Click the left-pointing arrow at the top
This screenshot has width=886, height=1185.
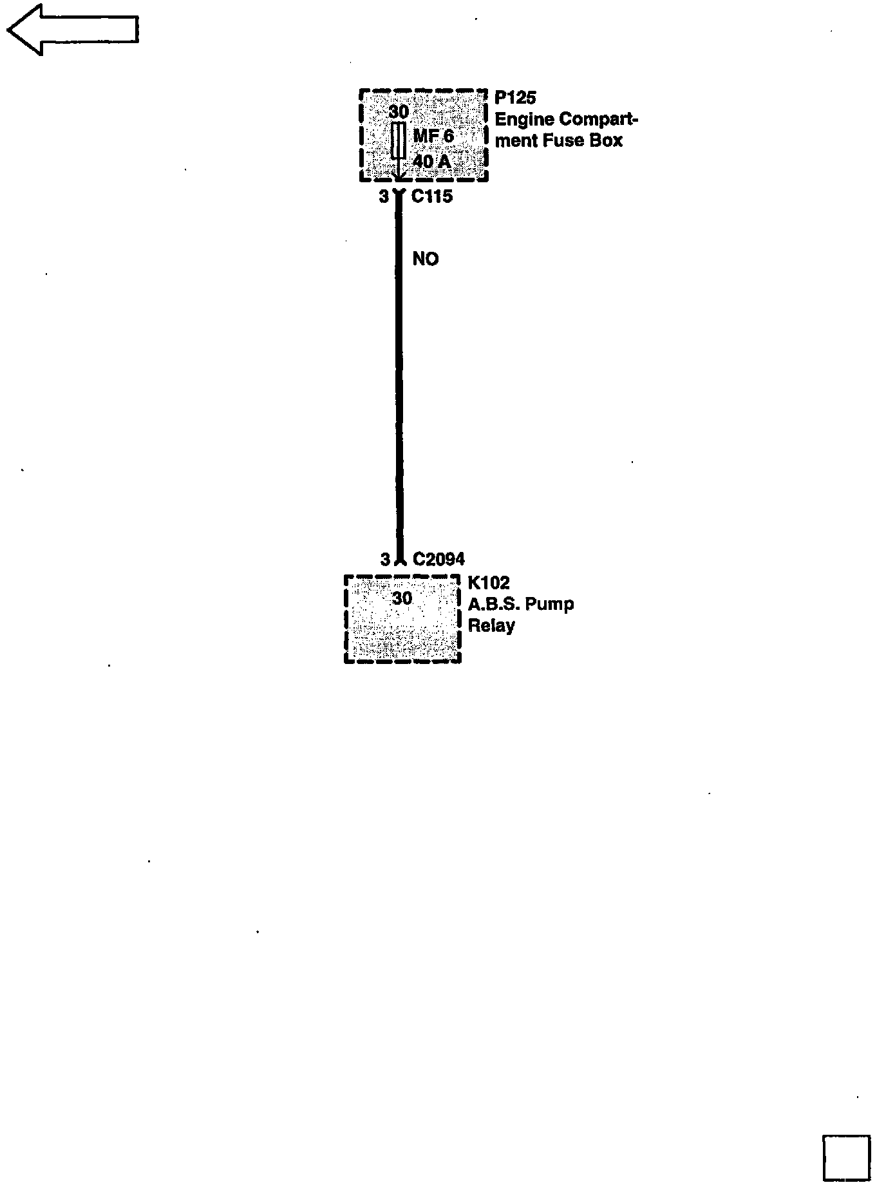(x=72, y=30)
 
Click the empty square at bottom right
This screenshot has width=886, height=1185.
(x=846, y=1157)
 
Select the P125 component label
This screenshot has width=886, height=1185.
(x=515, y=98)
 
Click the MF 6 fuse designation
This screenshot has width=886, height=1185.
(x=433, y=136)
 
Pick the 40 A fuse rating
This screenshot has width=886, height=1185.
(x=431, y=161)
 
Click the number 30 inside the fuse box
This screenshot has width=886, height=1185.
(x=399, y=111)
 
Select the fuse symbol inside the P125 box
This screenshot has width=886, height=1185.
(x=399, y=142)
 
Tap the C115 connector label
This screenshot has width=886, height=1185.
(x=432, y=196)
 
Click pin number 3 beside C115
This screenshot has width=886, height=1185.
(x=384, y=196)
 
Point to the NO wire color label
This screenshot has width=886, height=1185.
(x=425, y=259)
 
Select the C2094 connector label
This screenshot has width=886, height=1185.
(x=438, y=559)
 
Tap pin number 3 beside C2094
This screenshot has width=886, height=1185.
(x=385, y=559)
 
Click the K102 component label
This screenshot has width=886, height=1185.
(x=489, y=583)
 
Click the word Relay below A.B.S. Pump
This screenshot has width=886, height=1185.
(x=491, y=625)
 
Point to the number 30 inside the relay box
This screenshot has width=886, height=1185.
(x=402, y=598)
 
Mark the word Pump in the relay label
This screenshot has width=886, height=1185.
(x=549, y=604)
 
